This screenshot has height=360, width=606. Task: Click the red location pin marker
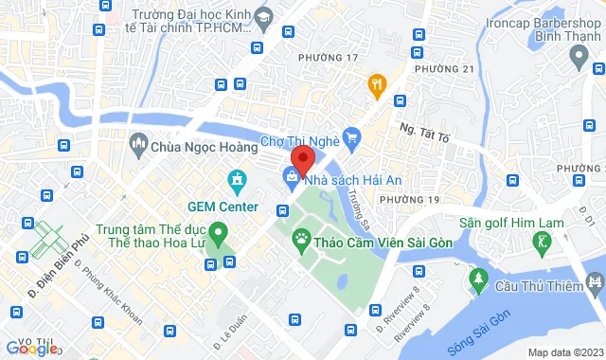coord(303,158)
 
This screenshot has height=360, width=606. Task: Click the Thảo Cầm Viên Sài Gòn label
coord(384,243)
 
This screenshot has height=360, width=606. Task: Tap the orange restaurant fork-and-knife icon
coord(378,85)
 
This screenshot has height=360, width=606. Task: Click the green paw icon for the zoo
coord(301,242)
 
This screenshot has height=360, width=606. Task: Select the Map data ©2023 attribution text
coord(564,352)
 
